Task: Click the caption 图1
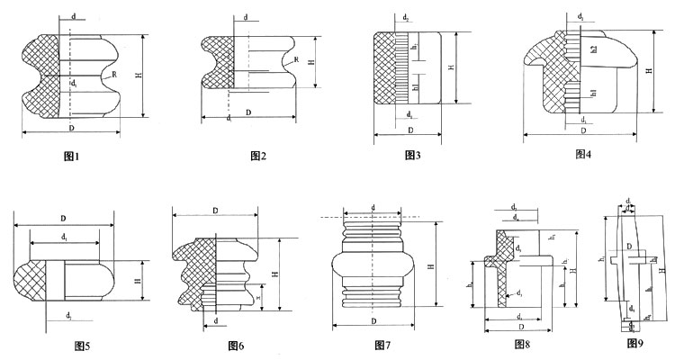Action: tap(72, 157)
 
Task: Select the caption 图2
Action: tap(259, 157)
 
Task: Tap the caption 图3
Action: tap(413, 156)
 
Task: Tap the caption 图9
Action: tap(636, 343)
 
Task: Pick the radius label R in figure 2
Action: tap(296, 59)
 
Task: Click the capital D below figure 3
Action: tap(411, 130)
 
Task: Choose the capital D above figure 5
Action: tap(63, 218)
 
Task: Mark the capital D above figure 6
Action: tap(216, 211)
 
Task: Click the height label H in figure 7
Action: tap(432, 265)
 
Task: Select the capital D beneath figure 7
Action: tap(373, 319)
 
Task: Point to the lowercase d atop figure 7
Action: tap(373, 207)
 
